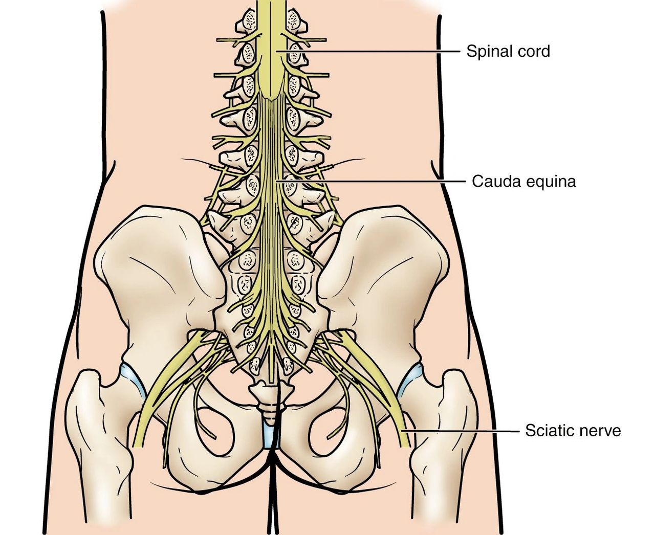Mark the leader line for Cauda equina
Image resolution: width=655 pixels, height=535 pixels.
(x=371, y=182)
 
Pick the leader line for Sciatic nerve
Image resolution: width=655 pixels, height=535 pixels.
(x=460, y=431)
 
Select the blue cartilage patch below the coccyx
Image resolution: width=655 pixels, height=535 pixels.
(x=270, y=434)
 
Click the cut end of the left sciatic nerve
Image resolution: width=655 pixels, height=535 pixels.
(x=138, y=446)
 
